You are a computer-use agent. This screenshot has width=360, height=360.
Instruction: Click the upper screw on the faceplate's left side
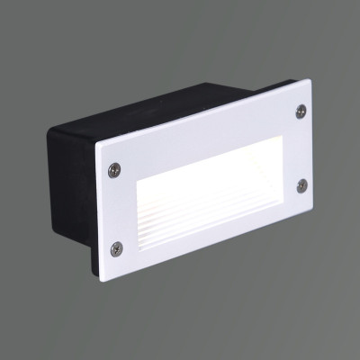pyautogui.click(x=113, y=168)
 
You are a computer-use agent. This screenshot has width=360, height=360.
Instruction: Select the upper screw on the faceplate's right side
pyautogui.click(x=301, y=111)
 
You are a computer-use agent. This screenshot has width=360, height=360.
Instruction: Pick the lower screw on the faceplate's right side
pyautogui.click(x=302, y=184)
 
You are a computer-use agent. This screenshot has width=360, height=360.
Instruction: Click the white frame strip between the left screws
pyautogui.click(x=115, y=209)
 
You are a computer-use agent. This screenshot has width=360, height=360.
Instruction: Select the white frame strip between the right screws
pyautogui.click(x=301, y=148)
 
